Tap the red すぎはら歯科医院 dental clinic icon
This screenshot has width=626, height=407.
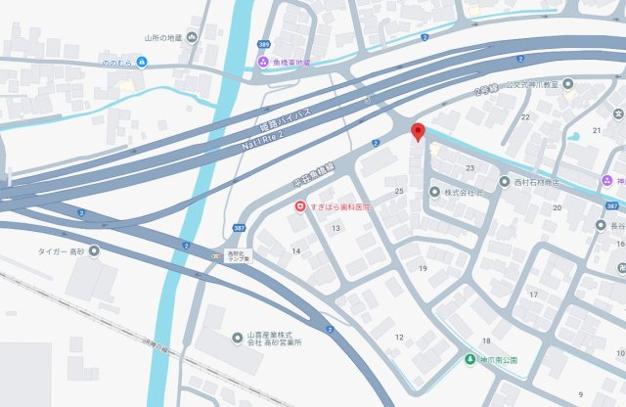tap(301, 206)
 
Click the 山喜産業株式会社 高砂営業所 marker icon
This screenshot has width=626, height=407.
tap(238, 338)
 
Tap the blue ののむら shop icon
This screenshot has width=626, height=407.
tap(143, 62)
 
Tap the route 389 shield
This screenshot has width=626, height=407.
tap(262, 44)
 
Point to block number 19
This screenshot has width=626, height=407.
tap(424, 267)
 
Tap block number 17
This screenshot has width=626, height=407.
tap(534, 294)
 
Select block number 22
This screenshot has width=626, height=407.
tap(524, 117)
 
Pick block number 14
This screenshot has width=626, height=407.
tap(296, 251)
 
